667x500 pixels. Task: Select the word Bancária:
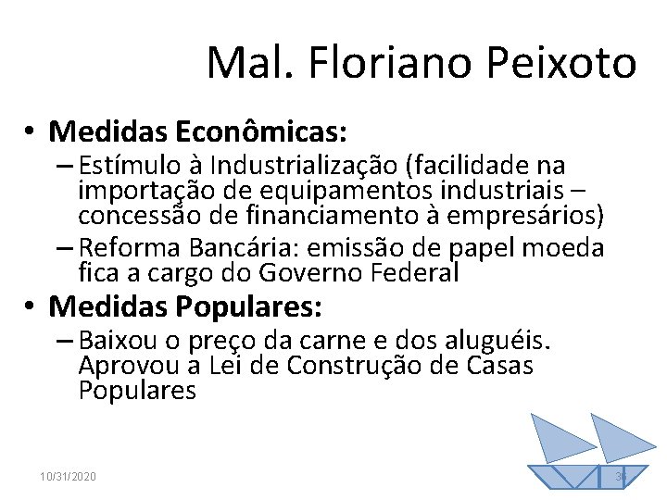pyautogui.click(x=256, y=248)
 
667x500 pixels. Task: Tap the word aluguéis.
pyautogui.click(x=508, y=342)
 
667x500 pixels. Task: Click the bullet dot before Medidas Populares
pyautogui.click(x=31, y=305)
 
